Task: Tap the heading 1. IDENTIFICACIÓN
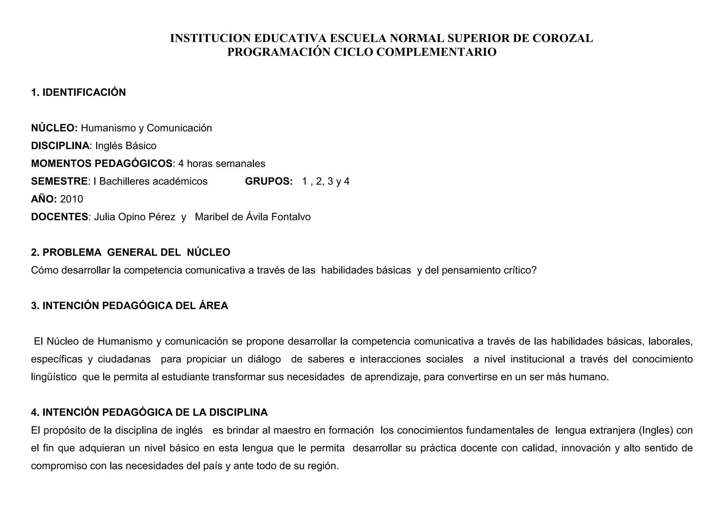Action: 78,93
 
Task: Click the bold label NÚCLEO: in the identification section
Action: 54,128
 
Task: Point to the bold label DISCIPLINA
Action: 60,145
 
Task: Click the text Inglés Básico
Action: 126,145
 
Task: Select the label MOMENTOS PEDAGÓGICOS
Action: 102,164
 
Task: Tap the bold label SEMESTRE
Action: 59,181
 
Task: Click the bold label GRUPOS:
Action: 269,181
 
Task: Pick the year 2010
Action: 72,199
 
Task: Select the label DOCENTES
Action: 59,217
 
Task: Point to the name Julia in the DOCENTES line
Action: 105,217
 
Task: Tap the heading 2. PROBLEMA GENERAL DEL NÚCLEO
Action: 130,252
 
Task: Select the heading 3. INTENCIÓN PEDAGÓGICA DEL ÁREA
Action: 129,306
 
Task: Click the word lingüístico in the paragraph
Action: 54,377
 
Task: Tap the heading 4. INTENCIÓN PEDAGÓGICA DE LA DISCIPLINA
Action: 149,412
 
